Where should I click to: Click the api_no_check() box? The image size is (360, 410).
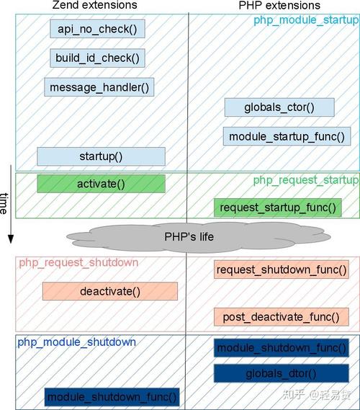(97, 29)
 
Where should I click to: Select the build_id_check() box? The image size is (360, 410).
(97, 58)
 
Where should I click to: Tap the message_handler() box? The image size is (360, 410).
(99, 87)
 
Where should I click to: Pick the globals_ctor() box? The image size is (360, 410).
(279, 107)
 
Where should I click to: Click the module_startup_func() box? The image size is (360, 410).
(287, 136)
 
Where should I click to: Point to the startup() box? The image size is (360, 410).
(101, 156)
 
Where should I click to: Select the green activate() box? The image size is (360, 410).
(101, 184)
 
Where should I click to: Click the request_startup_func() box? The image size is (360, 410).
(278, 208)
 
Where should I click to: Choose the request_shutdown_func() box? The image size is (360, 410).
(282, 269)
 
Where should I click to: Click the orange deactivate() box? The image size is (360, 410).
(110, 291)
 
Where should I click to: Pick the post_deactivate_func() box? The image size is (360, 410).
(282, 317)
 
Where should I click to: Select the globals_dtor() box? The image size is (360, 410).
(282, 373)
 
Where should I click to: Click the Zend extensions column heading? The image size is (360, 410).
(94, 5)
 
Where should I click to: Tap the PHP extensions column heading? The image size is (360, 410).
(279, 5)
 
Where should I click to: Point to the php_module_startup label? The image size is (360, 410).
(306, 20)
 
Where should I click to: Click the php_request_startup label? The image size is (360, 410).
(306, 180)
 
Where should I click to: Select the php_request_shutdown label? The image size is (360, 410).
(78, 262)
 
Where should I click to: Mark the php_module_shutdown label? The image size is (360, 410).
(76, 342)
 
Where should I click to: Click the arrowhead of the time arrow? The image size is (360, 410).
(11, 239)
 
